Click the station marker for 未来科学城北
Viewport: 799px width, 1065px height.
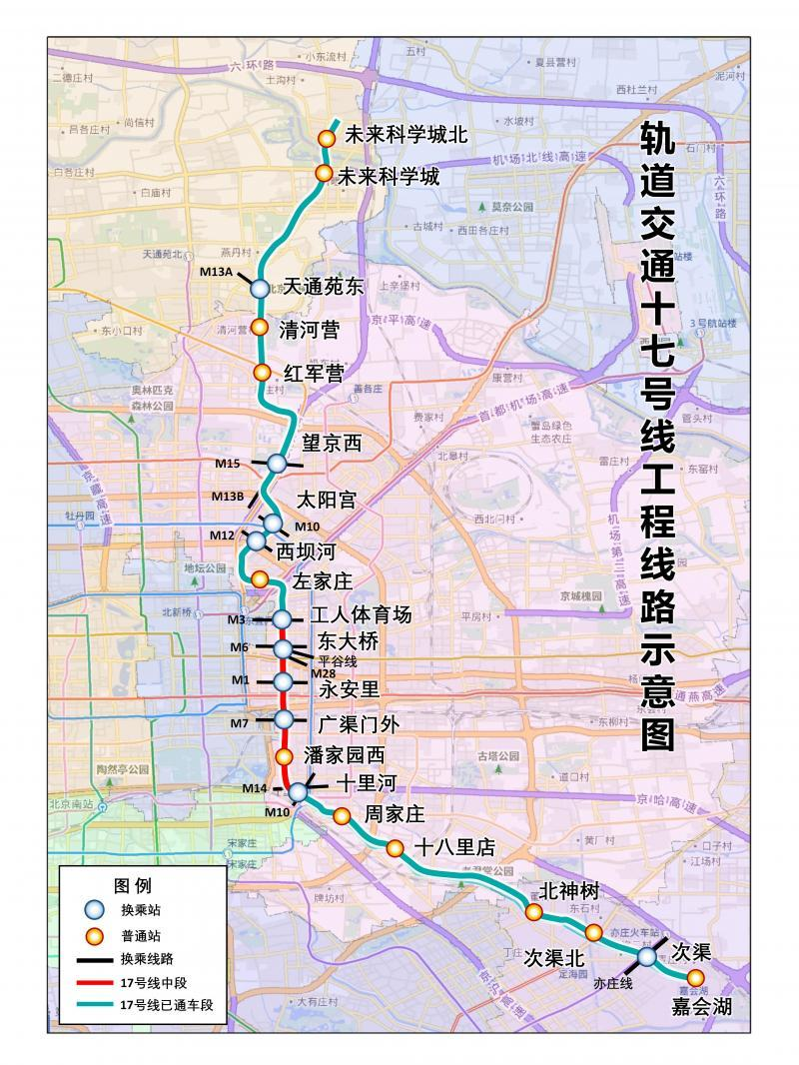[326, 138]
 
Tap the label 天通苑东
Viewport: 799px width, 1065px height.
[324, 287]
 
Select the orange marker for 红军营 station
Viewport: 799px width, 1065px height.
[262, 373]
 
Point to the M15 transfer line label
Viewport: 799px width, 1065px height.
[228, 463]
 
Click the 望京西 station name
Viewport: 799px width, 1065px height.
[331, 443]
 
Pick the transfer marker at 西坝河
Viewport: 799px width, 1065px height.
[257, 540]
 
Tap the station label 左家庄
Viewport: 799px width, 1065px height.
[325, 579]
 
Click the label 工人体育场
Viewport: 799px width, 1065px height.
[361, 614]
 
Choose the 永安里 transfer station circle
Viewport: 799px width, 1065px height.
[283, 681]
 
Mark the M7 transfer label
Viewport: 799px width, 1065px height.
[239, 722]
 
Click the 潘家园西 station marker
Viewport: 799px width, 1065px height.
[285, 756]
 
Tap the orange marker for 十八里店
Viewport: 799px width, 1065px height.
[396, 848]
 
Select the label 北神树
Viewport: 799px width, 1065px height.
[568, 891]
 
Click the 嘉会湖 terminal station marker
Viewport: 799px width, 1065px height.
[695, 977]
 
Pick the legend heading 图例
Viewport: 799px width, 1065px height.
[132, 885]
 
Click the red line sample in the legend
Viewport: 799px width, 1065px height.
[93, 983]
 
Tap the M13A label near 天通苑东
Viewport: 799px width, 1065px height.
[217, 270]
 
